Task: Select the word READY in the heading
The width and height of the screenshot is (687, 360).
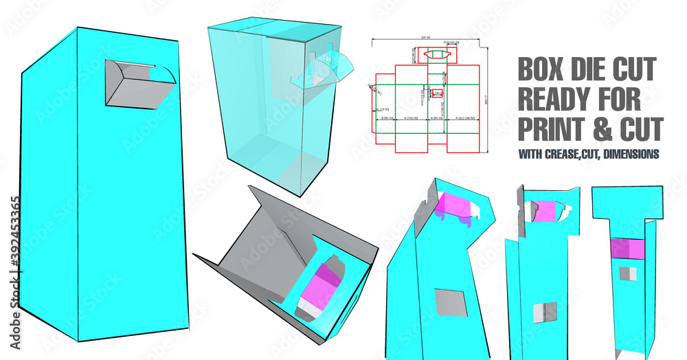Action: click(556, 99)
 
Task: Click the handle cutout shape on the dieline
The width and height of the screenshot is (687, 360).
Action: click(437, 54)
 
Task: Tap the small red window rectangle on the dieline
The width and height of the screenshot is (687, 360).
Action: click(437, 93)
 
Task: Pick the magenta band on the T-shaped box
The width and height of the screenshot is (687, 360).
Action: click(627, 249)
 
